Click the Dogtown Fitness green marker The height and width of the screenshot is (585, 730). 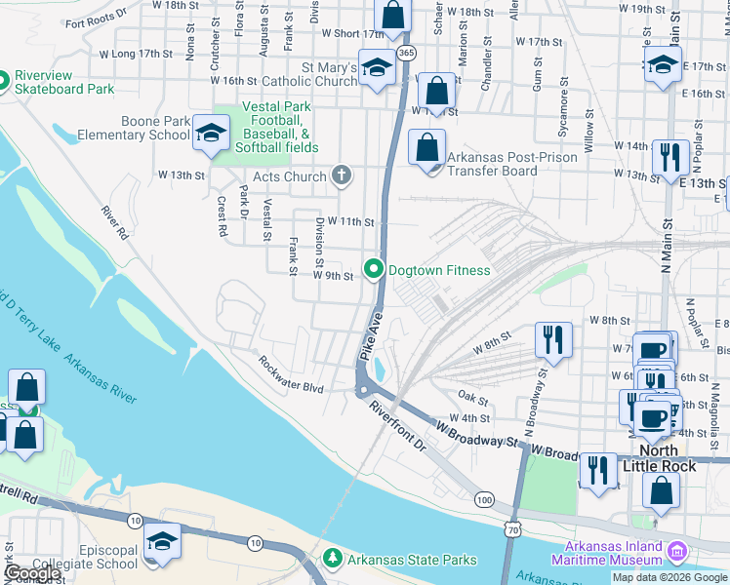[373, 269]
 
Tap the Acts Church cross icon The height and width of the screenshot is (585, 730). [340, 176]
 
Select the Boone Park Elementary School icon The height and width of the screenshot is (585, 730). [209, 135]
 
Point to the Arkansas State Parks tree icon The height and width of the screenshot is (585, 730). [333, 559]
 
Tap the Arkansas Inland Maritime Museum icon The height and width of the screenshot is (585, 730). [676, 554]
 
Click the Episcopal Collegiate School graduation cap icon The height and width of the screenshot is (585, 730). [161, 544]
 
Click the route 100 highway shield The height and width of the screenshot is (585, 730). [485, 499]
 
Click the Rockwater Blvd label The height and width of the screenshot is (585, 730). [290, 374]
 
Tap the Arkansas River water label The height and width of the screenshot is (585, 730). [101, 377]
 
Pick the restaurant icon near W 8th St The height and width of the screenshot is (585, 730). [552, 341]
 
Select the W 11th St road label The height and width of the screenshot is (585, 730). [351, 222]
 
